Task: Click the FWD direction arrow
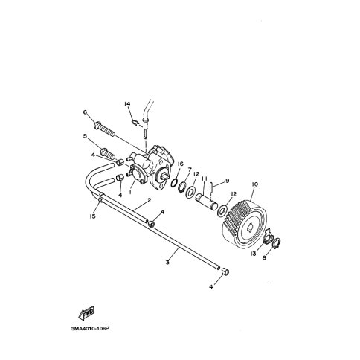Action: tap(86, 312)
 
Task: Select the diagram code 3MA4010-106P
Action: tap(90, 329)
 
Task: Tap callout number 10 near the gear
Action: tap(255, 184)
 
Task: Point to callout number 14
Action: tap(127, 103)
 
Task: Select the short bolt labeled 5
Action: tap(108, 152)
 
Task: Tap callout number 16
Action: tap(181, 164)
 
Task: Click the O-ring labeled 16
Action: tap(174, 183)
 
